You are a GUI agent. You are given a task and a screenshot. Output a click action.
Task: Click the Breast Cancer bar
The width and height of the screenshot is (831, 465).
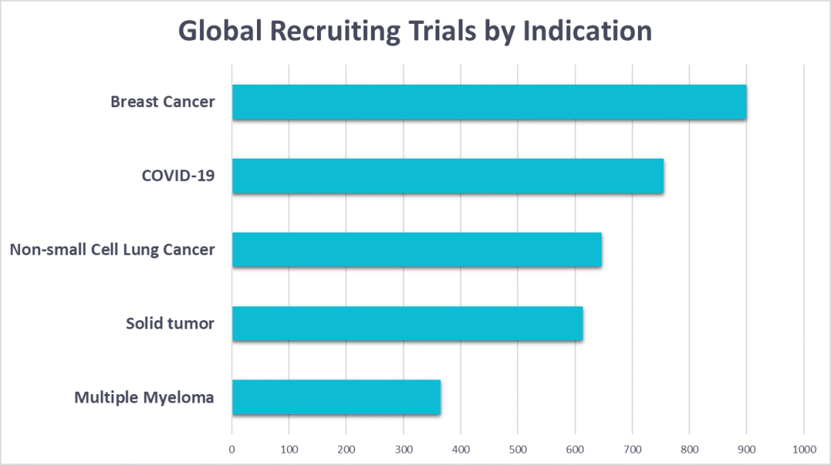point(489,102)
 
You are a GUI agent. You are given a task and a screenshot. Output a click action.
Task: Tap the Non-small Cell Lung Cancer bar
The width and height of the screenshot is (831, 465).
point(416,250)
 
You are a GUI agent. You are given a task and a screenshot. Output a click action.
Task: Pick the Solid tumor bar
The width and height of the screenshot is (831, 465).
point(407,323)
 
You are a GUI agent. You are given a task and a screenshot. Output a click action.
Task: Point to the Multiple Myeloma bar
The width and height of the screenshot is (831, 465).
point(336,397)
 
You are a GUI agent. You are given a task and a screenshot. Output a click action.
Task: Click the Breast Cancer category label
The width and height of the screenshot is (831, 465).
point(162,102)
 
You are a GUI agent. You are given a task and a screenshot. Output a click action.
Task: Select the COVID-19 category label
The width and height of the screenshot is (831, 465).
point(178,176)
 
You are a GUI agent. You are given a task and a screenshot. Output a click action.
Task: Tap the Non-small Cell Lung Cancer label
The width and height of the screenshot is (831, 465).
point(112,249)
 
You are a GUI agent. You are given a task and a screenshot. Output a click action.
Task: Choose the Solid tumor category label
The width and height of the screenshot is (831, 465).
point(170,323)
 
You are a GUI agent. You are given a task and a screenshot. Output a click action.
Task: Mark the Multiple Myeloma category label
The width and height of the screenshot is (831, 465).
point(144,397)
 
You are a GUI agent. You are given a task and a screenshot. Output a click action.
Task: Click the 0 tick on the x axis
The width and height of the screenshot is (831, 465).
point(232,448)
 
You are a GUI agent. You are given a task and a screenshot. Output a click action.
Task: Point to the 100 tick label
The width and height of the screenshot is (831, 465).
point(289,448)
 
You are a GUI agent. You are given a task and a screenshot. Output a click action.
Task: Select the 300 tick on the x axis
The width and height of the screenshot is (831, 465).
point(403,448)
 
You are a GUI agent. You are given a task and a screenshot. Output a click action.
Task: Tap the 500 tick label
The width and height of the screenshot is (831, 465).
point(518,448)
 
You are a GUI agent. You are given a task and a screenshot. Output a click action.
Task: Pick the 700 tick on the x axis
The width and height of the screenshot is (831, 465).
point(632,448)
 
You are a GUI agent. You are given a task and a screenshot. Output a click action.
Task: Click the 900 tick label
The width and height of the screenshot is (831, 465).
point(746,448)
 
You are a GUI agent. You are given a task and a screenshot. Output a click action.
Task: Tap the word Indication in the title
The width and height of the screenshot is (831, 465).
point(587,32)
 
